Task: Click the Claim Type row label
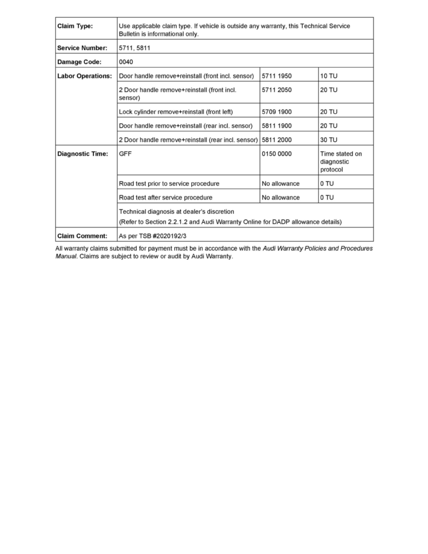pos(75,26)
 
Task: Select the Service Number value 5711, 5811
pos(135,48)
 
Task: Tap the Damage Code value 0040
pos(126,62)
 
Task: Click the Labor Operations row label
pos(84,76)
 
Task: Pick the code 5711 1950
pos(277,76)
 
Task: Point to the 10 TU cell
pos(329,76)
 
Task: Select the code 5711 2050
pos(277,90)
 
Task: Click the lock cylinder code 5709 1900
pos(277,112)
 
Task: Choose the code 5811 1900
pos(277,126)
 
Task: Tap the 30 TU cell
pos(329,140)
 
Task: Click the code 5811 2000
pos(277,140)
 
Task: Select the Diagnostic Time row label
pos(83,154)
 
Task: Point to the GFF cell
pos(125,154)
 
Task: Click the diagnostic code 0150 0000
pos(277,154)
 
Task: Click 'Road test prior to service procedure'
pos(169,184)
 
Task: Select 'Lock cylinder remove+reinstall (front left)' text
pos(176,112)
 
